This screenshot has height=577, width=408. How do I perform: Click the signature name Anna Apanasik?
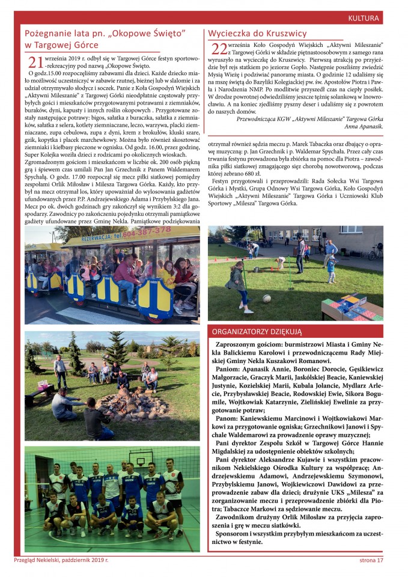point(364,127)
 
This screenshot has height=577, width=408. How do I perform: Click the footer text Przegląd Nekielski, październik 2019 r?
point(61,560)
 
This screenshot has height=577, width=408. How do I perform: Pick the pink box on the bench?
point(43,385)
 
